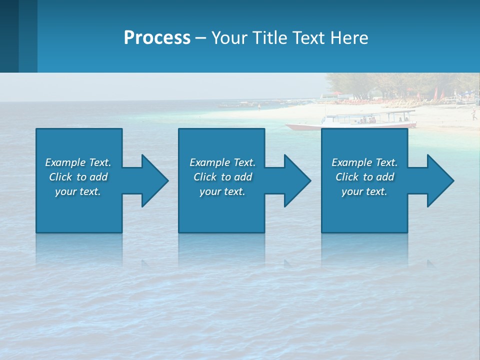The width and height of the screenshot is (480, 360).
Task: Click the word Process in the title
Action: point(157,38)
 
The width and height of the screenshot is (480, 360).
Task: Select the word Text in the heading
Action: point(308,38)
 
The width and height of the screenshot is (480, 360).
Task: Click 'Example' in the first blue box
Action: point(65,162)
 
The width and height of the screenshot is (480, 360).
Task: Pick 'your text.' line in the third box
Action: point(364,191)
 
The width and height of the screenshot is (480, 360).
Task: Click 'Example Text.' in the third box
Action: point(364,162)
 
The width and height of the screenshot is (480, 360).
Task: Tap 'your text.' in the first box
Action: point(77,191)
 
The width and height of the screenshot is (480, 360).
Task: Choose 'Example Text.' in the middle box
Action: point(222,162)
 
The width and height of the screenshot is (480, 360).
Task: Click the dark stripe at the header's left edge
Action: point(9,36)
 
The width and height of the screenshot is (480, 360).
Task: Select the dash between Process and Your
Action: point(200,38)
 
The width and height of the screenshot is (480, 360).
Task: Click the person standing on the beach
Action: point(473,115)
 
